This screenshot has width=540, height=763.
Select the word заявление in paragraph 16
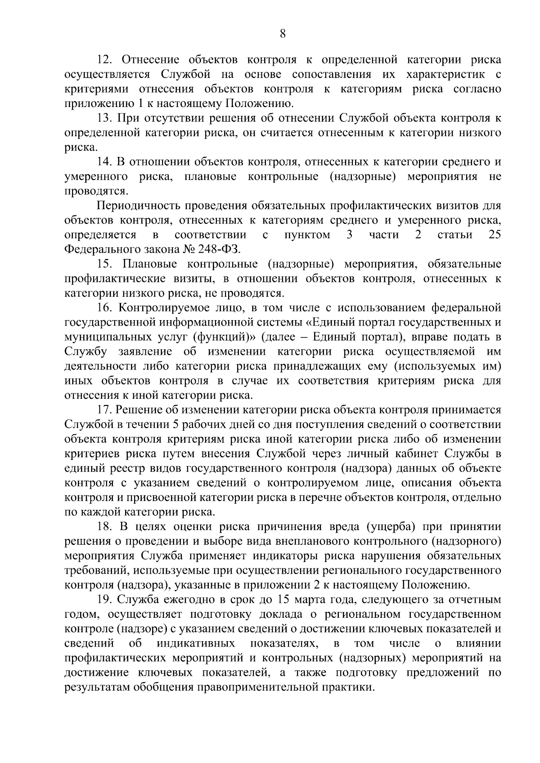[145, 352]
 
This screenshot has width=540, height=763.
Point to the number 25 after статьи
[494, 235]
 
